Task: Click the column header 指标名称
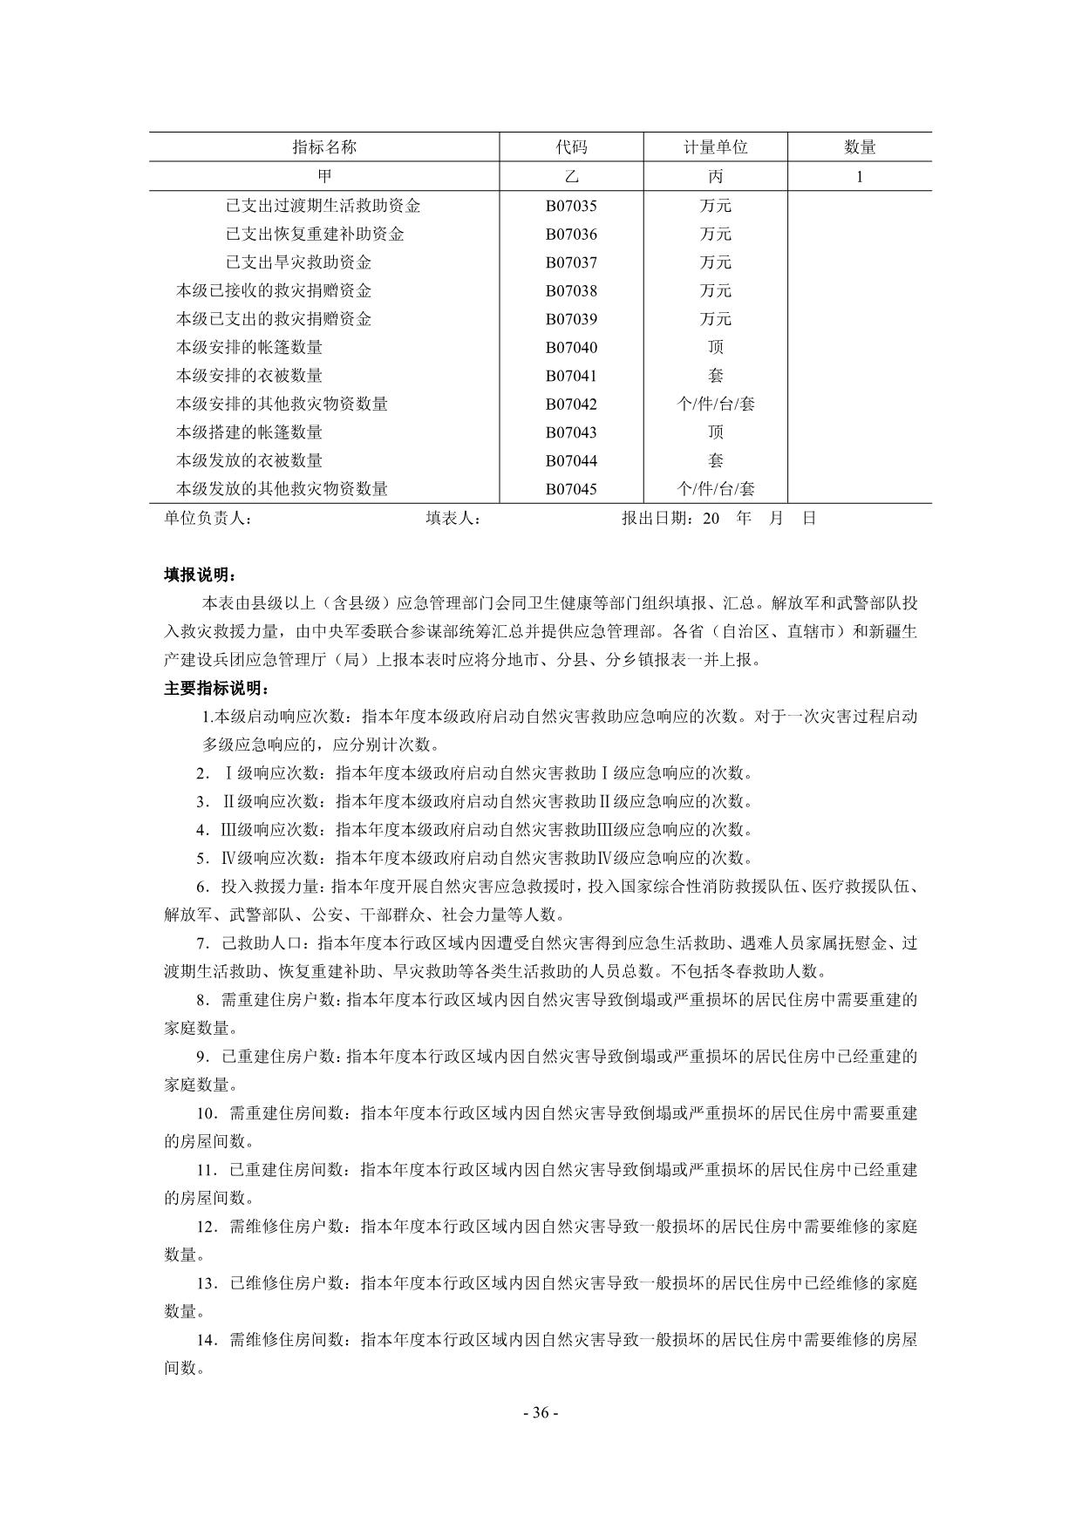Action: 324,147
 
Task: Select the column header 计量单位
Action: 715,147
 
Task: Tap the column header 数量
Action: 859,147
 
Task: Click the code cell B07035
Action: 571,207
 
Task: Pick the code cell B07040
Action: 571,348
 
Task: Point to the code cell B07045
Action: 571,489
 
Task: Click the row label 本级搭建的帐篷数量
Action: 249,432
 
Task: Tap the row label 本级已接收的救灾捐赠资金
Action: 274,291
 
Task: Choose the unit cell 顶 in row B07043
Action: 715,432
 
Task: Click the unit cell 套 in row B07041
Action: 715,376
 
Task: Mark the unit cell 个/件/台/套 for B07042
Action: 715,405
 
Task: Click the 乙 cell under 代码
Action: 571,176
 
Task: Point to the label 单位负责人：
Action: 208,519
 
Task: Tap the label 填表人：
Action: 454,519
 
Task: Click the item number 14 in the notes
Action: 206,1340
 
